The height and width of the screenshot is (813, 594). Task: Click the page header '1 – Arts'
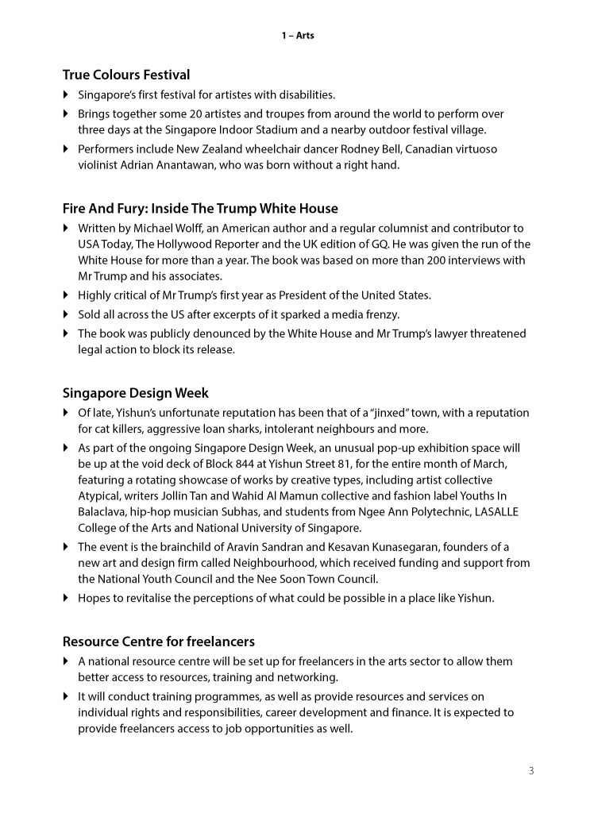pyautogui.click(x=297, y=36)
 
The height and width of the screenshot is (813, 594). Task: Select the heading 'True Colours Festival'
pyautogui.click(x=126, y=75)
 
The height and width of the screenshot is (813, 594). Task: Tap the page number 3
pyautogui.click(x=530, y=770)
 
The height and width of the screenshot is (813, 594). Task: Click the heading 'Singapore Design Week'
pyautogui.click(x=136, y=393)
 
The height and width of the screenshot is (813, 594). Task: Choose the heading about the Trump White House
pyautogui.click(x=200, y=209)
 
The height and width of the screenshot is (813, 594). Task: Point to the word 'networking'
pyautogui.click(x=310, y=677)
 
